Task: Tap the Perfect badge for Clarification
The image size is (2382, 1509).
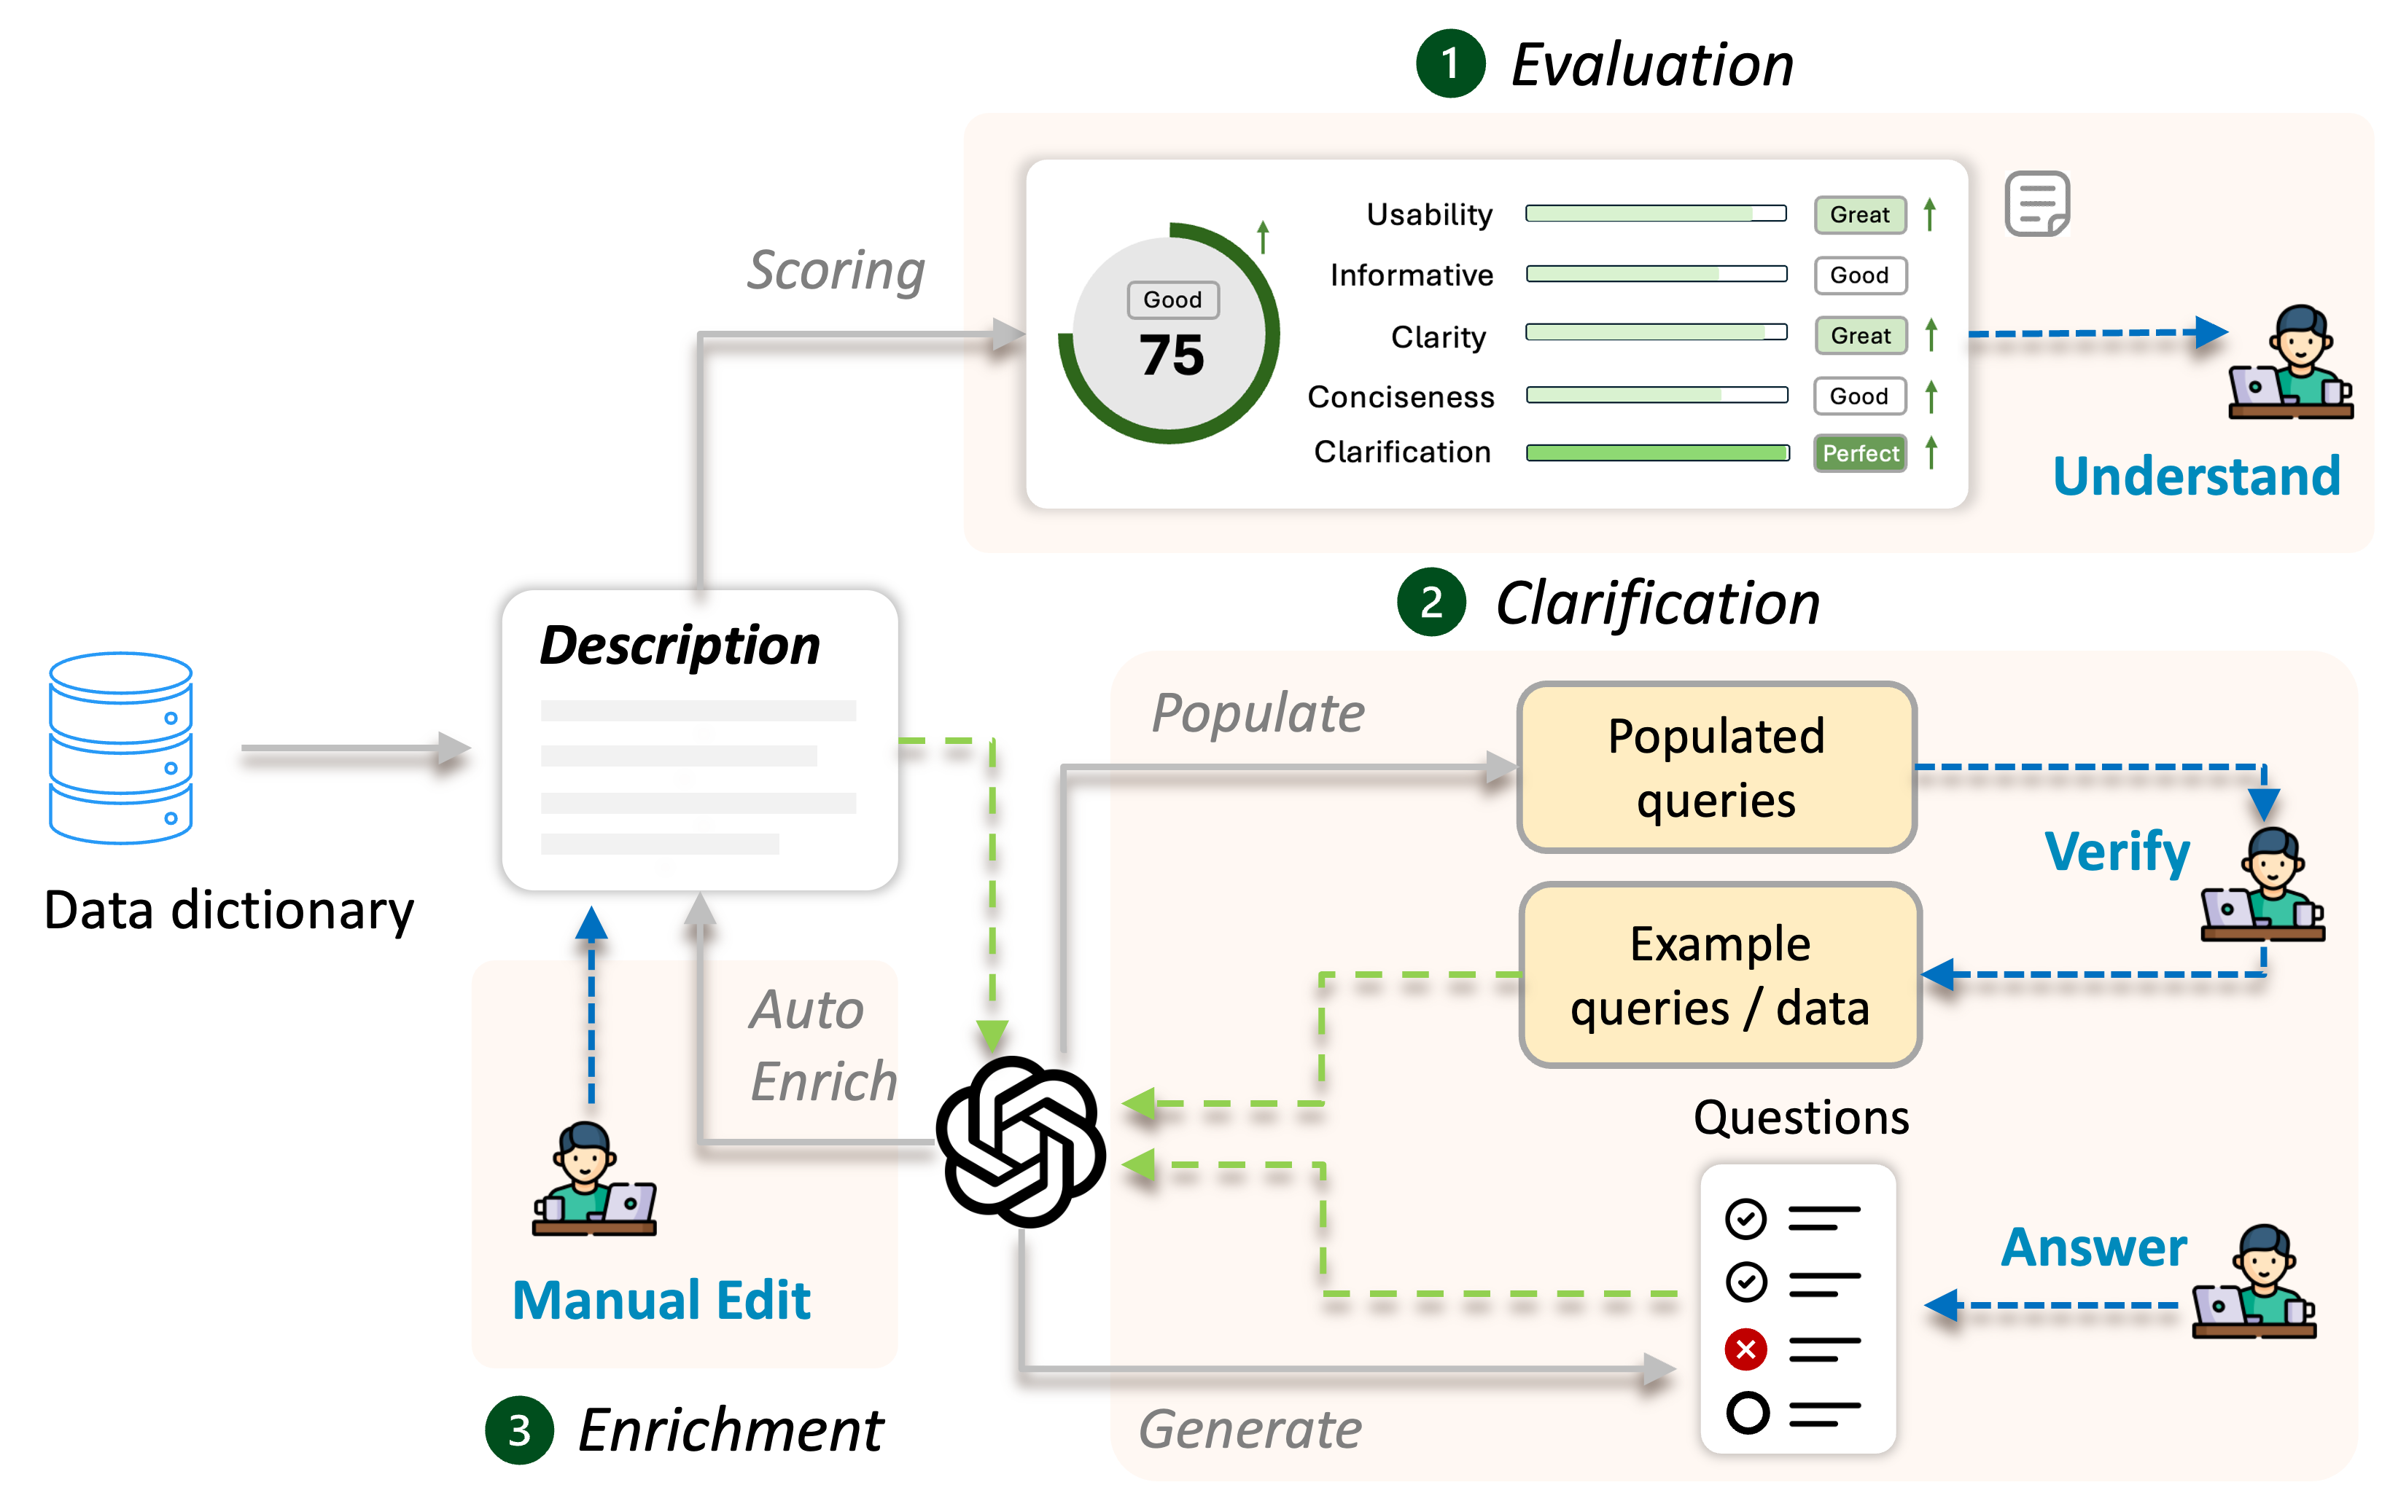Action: point(1860,454)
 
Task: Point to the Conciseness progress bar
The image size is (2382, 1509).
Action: point(1657,396)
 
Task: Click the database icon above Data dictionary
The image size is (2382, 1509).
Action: point(121,748)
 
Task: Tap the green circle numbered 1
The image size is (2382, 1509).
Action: point(1450,64)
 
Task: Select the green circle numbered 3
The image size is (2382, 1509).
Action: point(518,1430)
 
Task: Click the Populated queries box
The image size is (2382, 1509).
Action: point(1716,767)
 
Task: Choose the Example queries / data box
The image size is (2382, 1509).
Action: point(1720,975)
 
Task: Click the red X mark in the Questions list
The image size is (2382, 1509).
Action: point(1746,1349)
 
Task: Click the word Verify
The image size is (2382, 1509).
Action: point(2117,853)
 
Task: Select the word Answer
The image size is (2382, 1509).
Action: point(2093,1248)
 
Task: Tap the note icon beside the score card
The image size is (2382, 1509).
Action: point(2037,204)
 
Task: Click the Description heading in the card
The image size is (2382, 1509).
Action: point(680,646)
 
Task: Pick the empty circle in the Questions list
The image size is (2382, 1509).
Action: point(1747,1413)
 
